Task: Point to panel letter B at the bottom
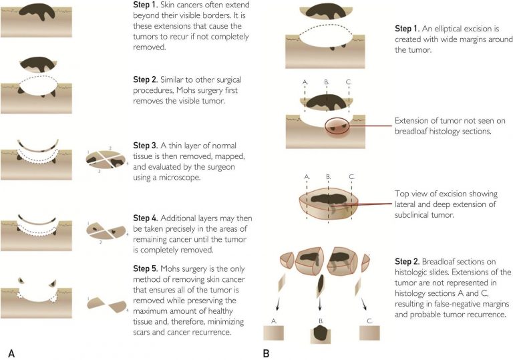point(266,351)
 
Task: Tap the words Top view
point(409,194)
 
